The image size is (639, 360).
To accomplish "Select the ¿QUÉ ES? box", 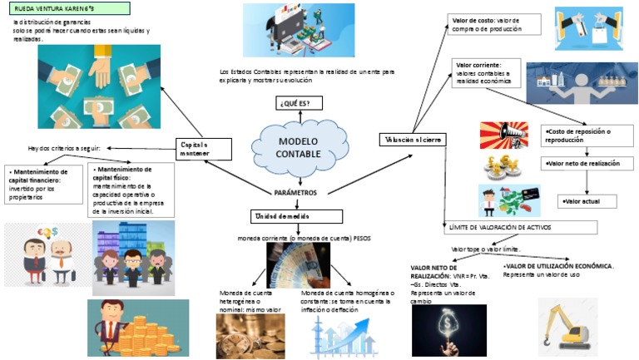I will click(299, 103).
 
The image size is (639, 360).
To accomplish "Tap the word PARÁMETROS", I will click(296, 192).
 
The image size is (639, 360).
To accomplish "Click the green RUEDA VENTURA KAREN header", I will click(66, 8).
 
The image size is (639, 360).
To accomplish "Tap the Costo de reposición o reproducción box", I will click(587, 136).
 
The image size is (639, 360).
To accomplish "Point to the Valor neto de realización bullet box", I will click(587, 165).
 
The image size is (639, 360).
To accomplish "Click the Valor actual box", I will click(586, 201).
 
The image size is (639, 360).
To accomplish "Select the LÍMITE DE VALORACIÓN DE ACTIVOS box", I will click(520, 227).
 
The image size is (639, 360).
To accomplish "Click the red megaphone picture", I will click(503, 133).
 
